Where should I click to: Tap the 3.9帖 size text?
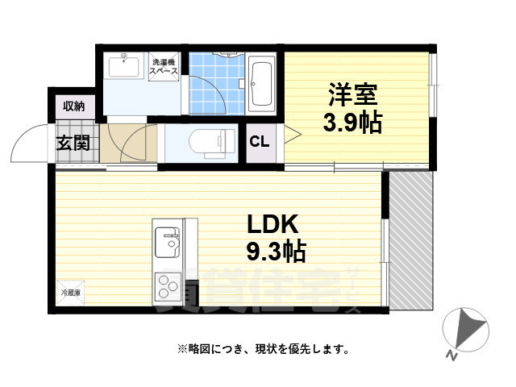coord(352,123)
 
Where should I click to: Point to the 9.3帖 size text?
coord(275,252)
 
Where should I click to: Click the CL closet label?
coord(260,144)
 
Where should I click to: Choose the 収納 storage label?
coord(74,106)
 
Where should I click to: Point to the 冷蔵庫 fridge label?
coord(69,293)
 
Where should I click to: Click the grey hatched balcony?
coord(411,242)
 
